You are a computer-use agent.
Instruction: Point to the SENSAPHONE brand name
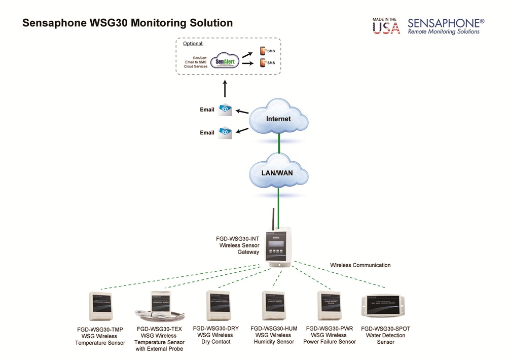(x=446, y=23)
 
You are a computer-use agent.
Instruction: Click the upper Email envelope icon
(x=225, y=109)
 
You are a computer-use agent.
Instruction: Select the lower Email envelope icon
(x=225, y=132)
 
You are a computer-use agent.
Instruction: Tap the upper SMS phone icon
(x=263, y=51)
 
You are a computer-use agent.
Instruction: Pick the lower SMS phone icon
(x=263, y=63)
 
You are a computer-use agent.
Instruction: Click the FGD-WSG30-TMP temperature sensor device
(x=100, y=307)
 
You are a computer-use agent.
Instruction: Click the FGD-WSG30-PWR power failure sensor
(x=330, y=305)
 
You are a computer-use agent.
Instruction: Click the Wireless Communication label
(x=360, y=265)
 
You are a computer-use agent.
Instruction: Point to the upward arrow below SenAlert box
(x=225, y=88)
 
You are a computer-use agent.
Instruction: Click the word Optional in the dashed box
(x=193, y=44)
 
